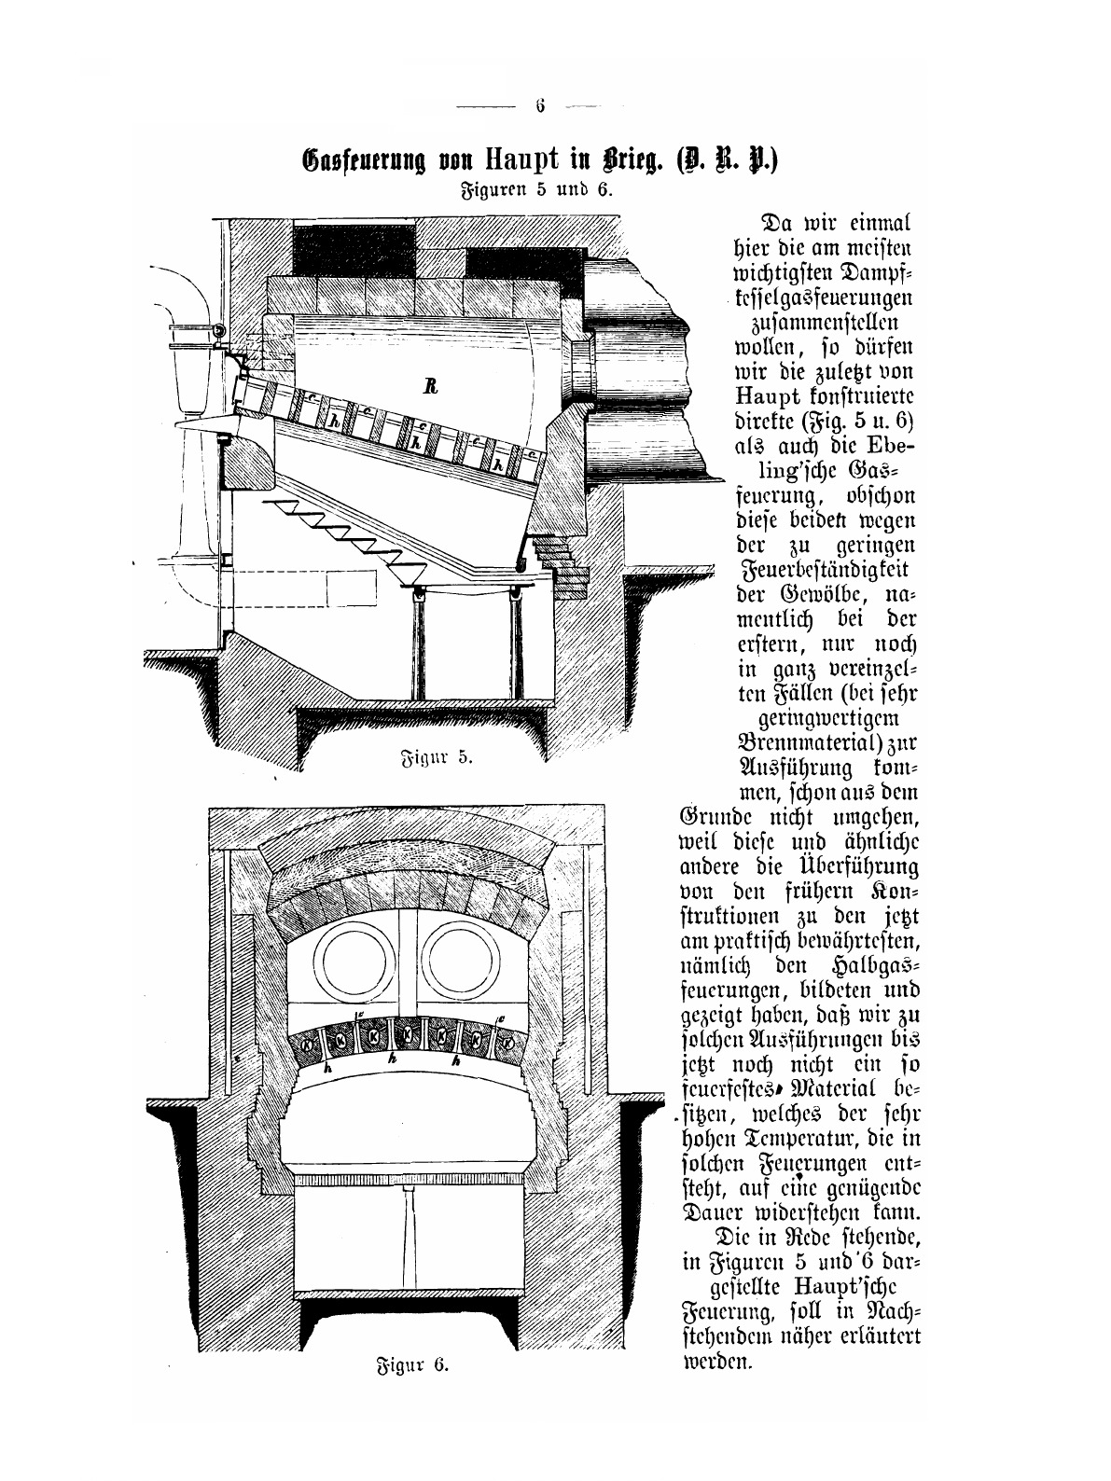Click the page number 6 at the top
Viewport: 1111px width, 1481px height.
[540, 105]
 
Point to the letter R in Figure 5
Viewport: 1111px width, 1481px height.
[430, 388]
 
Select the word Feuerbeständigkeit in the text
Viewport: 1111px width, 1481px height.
[823, 568]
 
